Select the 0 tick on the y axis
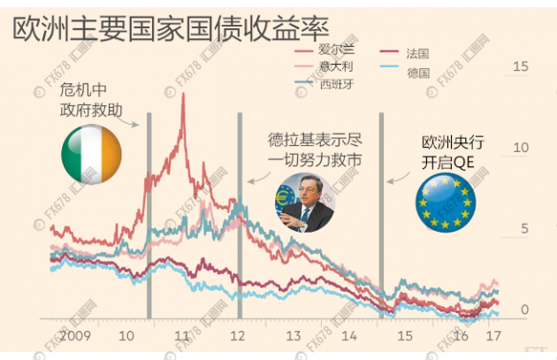524,310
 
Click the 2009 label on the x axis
75,336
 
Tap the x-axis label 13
294,336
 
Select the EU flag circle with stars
445,203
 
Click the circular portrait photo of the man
304,203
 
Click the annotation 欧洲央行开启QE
453,149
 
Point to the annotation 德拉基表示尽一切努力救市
315,148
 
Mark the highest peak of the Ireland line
183,93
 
